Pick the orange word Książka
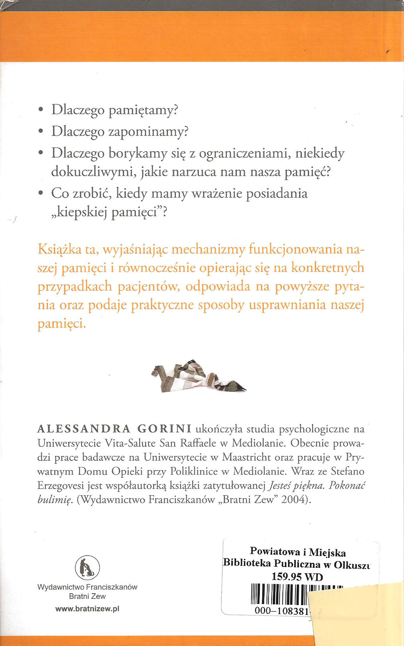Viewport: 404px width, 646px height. pyautogui.click(x=58, y=250)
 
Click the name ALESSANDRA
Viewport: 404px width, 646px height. pyautogui.click(x=84, y=429)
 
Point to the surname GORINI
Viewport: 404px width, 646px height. pyautogui.click(x=164, y=429)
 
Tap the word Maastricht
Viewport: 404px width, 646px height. pyautogui.click(x=246, y=457)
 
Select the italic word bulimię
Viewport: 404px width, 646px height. pyautogui.click(x=55, y=500)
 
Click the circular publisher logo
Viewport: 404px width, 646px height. pyautogui.click(x=87, y=567)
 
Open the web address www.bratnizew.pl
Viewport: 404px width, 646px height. pyautogui.click(x=87, y=609)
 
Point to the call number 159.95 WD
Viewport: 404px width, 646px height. pyautogui.click(x=297, y=577)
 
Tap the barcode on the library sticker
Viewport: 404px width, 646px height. pyautogui.click(x=280, y=594)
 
